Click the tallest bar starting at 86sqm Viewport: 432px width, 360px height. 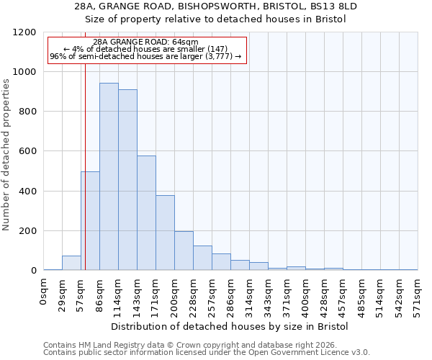(109, 176)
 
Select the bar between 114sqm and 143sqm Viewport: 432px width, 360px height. (127, 180)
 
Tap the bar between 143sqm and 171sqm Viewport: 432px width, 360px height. (146, 213)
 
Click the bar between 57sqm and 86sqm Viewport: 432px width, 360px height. (90, 221)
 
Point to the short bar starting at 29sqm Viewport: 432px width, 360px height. (71, 263)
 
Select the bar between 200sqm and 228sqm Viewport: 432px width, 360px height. (184, 251)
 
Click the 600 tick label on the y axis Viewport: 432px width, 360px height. (27, 151)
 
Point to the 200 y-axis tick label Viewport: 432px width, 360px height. (27, 231)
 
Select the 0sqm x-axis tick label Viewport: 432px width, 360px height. (44, 294)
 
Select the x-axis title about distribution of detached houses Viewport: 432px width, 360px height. (230, 327)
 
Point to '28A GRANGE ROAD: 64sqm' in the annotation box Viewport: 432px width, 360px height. (146, 42)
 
